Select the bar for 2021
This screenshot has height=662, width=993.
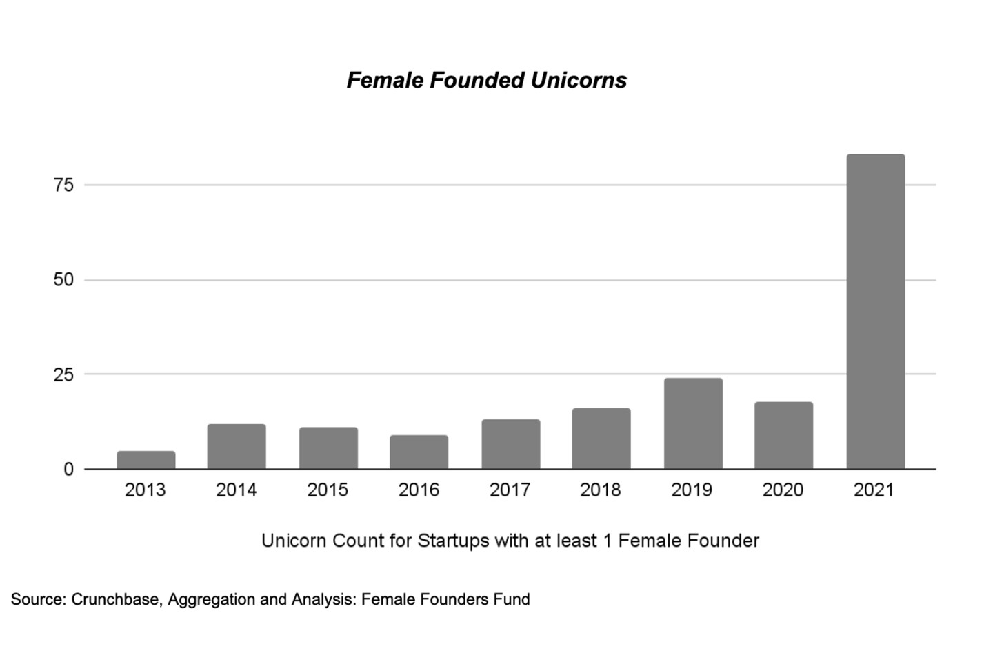tap(875, 312)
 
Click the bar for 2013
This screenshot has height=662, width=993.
tap(146, 460)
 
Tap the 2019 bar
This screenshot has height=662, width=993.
tap(693, 423)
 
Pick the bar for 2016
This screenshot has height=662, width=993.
tap(419, 452)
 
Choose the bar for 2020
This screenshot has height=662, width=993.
tap(783, 435)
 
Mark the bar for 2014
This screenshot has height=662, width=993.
tap(237, 446)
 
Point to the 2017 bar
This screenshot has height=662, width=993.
tap(510, 444)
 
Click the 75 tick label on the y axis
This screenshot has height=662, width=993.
tap(63, 185)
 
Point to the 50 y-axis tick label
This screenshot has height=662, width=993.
tap(63, 280)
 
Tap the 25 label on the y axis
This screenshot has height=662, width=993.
tap(63, 375)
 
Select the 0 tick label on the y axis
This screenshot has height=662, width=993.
tap(68, 470)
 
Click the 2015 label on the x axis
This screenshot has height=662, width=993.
tap(328, 490)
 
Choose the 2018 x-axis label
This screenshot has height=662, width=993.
tap(600, 490)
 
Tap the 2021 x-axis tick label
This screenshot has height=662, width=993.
tap(874, 490)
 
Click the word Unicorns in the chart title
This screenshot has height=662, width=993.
tap(579, 80)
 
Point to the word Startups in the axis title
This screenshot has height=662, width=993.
tap(452, 541)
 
